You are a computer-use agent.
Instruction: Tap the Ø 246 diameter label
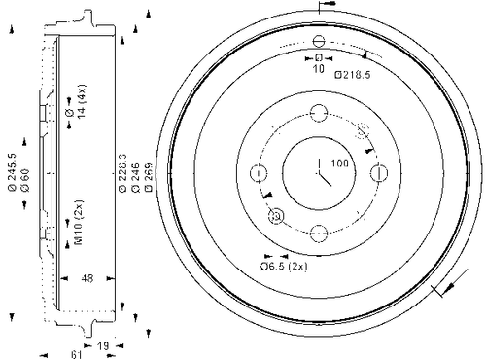pyautogui.click(x=134, y=172)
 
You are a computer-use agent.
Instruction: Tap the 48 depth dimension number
pyautogui.click(x=87, y=278)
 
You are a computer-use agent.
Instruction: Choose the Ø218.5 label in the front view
pyautogui.click(x=353, y=74)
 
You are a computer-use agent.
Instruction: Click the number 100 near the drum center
pyautogui.click(x=340, y=163)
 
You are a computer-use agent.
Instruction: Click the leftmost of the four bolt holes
pyautogui.click(x=258, y=173)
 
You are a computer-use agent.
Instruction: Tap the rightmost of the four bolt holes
pyautogui.click(x=377, y=173)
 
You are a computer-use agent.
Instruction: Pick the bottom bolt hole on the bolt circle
pyautogui.click(x=318, y=233)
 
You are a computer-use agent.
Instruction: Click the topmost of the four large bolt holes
pyautogui.click(x=318, y=113)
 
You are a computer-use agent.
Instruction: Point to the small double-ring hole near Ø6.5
pyautogui.click(x=275, y=216)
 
